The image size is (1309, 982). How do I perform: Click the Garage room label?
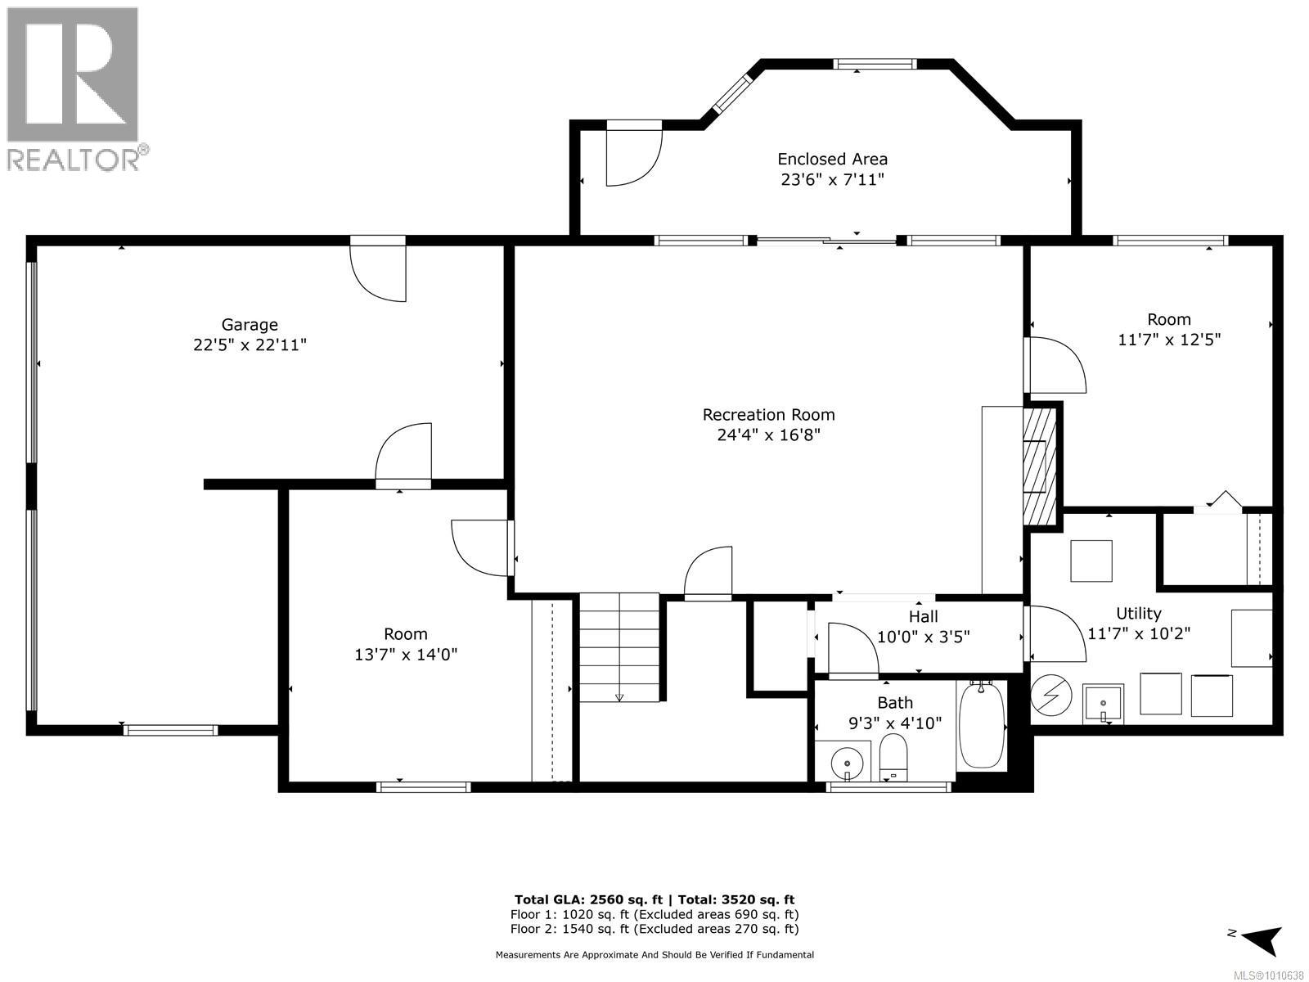click(250, 325)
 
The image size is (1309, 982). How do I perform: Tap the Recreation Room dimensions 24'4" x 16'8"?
click(768, 435)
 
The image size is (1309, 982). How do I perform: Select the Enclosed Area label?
click(832, 159)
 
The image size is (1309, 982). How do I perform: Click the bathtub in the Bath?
click(981, 725)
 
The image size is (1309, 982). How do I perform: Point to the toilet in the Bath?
click(893, 756)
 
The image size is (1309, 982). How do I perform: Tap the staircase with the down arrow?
click(619, 647)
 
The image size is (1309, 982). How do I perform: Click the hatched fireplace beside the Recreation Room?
click(1040, 466)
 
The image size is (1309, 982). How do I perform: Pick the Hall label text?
click(923, 616)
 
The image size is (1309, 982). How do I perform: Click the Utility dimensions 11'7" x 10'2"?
click(1138, 633)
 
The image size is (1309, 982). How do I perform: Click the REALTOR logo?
click(74, 88)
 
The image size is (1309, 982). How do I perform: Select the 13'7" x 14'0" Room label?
click(405, 644)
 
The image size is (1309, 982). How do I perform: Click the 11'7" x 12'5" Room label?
click(1168, 329)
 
